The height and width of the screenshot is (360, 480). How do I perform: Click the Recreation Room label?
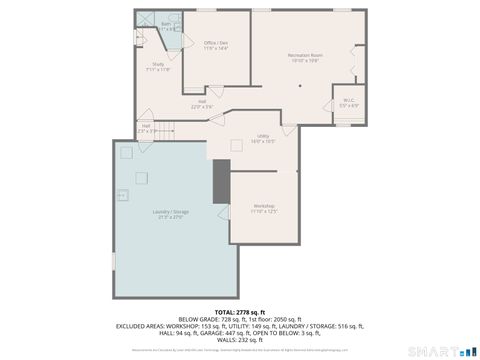(304, 57)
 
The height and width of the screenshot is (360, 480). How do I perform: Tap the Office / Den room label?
(216, 45)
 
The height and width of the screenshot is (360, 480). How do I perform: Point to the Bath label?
(166, 25)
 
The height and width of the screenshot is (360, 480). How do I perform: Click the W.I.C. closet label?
(347, 102)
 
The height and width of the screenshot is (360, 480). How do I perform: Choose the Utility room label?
(263, 138)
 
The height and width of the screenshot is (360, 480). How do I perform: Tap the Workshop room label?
(264, 208)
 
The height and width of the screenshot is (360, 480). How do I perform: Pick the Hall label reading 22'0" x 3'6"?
(201, 104)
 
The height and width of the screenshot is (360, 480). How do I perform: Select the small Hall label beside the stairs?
(145, 127)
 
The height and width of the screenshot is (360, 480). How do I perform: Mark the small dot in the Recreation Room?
(300, 85)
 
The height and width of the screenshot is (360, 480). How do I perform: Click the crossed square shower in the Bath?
(146, 21)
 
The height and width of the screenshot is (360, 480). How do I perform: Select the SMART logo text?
(437, 350)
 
